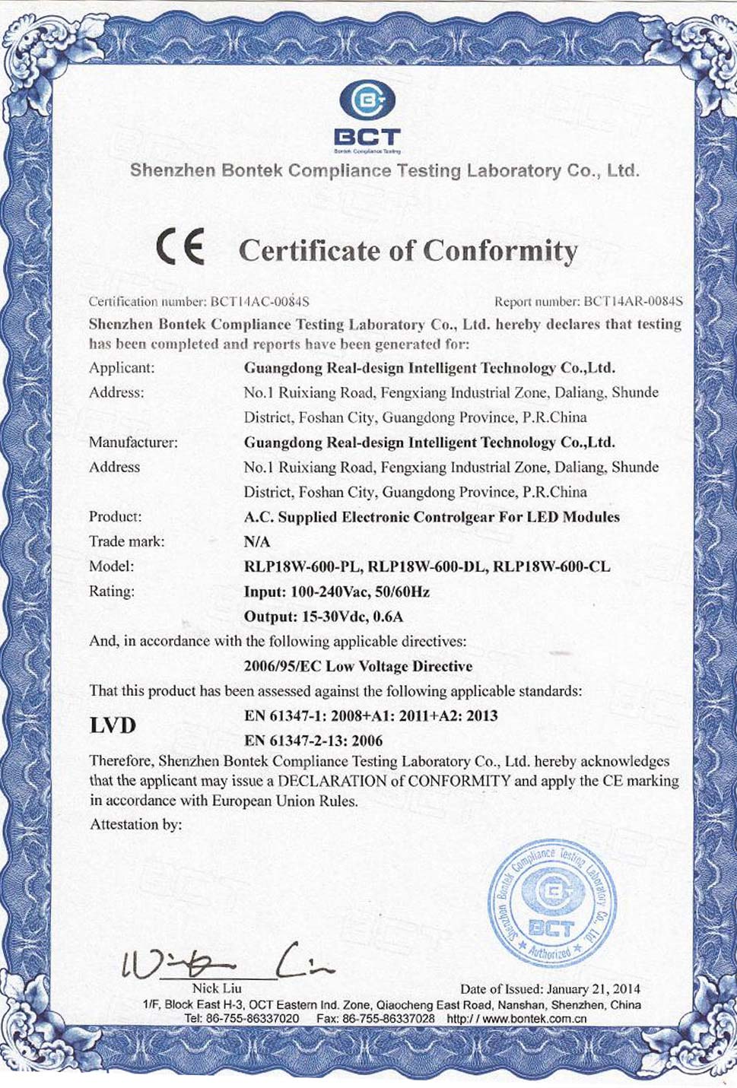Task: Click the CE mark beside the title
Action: click(x=180, y=249)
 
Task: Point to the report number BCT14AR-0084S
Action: click(x=633, y=302)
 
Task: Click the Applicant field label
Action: click(x=122, y=368)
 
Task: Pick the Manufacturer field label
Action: click(x=133, y=442)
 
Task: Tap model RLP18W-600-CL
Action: click(x=552, y=566)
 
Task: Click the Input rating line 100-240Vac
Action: click(x=336, y=592)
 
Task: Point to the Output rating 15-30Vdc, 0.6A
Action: click(x=323, y=616)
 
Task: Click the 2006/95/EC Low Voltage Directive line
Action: click(x=358, y=666)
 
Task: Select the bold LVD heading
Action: click(x=113, y=726)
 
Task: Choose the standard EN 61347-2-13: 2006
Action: click(x=313, y=740)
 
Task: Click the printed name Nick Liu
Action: click(x=217, y=988)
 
